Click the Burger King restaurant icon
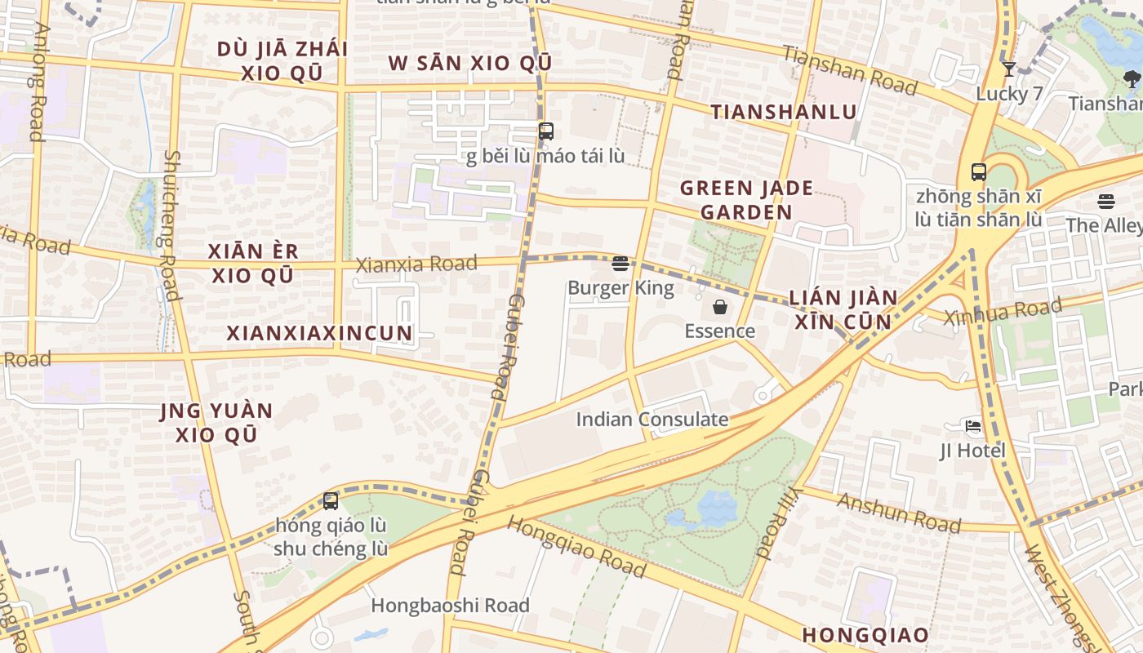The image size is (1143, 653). (x=620, y=263)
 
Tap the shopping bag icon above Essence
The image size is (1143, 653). (x=720, y=307)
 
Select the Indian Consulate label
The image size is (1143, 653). (x=652, y=420)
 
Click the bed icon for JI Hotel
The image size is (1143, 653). (x=972, y=426)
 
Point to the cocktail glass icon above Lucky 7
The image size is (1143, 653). (x=1009, y=69)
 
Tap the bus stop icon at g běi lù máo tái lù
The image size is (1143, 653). (x=545, y=131)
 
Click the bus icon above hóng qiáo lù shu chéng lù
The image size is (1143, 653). (x=331, y=500)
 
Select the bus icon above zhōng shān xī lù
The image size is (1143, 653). (x=979, y=172)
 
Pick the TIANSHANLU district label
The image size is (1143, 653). (x=783, y=112)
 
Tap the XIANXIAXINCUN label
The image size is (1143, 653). (x=319, y=333)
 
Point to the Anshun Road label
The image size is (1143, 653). (x=898, y=512)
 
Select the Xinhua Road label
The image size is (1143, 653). (x=1003, y=312)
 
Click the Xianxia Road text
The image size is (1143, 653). (x=416, y=264)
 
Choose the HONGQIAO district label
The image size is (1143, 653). (x=865, y=635)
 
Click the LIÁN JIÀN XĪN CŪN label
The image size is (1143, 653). (x=843, y=309)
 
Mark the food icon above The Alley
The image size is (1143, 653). (x=1106, y=201)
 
